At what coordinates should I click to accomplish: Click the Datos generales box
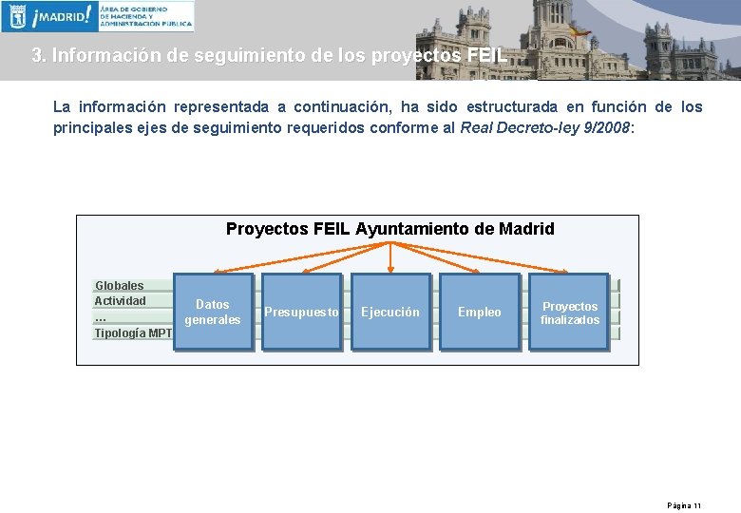click(213, 312)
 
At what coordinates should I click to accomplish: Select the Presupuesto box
click(301, 312)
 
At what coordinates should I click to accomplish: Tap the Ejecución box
click(389, 312)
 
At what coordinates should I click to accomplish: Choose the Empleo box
click(479, 312)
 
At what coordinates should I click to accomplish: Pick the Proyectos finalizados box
click(570, 312)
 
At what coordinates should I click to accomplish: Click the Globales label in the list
click(120, 285)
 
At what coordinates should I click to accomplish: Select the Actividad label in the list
click(121, 301)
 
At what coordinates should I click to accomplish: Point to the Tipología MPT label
click(133, 332)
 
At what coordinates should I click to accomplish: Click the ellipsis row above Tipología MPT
click(101, 317)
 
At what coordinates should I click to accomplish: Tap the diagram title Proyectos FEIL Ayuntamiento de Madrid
click(389, 229)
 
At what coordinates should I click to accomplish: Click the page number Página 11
click(684, 505)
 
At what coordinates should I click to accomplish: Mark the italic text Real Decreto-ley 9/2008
click(544, 128)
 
